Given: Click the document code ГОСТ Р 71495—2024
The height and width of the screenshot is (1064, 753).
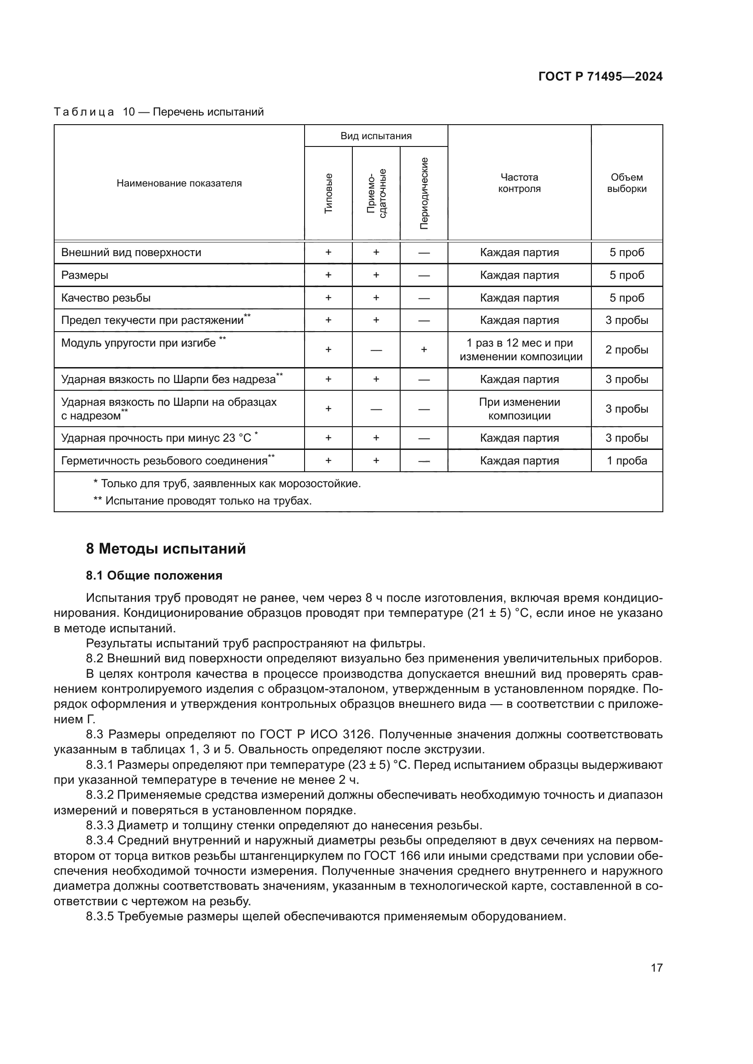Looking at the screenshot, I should coord(600,76).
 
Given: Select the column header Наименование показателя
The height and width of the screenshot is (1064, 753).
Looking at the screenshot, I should coord(179,183).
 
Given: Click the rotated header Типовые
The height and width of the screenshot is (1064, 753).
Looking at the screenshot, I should coord(328,193).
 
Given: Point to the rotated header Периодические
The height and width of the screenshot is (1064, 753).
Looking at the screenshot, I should coord(424,193).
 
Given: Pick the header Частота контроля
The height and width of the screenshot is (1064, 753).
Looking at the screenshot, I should coord(519,183).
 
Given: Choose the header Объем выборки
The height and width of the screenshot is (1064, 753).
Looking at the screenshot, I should coord(626,183).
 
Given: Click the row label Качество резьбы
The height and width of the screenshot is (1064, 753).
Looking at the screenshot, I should coord(106,298).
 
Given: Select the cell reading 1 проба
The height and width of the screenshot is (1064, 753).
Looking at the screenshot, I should coord(626,461).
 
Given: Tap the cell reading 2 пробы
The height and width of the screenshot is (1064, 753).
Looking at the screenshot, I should coord(626,350).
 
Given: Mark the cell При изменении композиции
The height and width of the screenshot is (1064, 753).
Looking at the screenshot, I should coord(519,409).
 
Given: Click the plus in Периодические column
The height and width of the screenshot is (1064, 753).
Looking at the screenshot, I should coord(424,350).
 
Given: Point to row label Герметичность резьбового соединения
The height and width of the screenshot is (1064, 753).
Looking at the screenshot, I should coord(165,461).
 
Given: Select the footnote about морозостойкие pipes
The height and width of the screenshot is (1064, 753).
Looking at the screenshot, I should coord(227,484).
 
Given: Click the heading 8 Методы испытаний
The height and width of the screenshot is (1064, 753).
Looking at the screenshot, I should coord(166,549).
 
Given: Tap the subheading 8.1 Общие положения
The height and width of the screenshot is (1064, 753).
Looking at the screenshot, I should coord(154,575).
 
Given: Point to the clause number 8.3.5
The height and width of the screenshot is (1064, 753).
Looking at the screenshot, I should coord(100,916).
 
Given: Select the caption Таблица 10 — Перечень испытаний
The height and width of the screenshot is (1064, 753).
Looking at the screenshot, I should coord(158,112).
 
